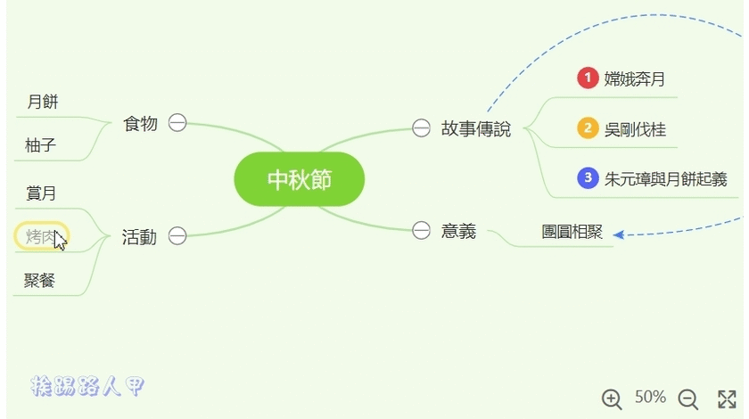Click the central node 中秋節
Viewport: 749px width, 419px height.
(x=299, y=179)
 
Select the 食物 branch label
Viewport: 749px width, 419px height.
(x=140, y=123)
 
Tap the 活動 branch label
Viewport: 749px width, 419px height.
(x=139, y=236)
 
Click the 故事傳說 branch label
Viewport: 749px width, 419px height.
(x=476, y=128)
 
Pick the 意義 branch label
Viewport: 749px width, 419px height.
(x=458, y=232)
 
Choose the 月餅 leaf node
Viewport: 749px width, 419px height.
(x=43, y=102)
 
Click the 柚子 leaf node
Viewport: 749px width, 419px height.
(x=41, y=144)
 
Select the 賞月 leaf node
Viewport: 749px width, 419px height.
(x=41, y=193)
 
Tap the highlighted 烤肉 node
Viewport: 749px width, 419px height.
(x=41, y=236)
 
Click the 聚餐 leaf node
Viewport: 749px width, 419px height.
(x=40, y=281)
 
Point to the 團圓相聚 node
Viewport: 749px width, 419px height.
(x=572, y=232)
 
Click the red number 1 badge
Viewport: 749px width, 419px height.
(x=587, y=78)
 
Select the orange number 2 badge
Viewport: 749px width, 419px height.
(x=587, y=129)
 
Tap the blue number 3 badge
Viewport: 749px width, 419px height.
(x=587, y=178)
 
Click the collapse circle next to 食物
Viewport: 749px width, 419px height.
(x=177, y=123)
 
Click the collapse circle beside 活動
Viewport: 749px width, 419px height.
(x=177, y=236)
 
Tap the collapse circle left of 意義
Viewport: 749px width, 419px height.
(x=421, y=232)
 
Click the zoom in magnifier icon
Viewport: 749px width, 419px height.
(x=612, y=398)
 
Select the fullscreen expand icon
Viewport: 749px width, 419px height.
(x=728, y=398)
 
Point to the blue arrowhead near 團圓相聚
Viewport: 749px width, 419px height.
(x=618, y=235)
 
